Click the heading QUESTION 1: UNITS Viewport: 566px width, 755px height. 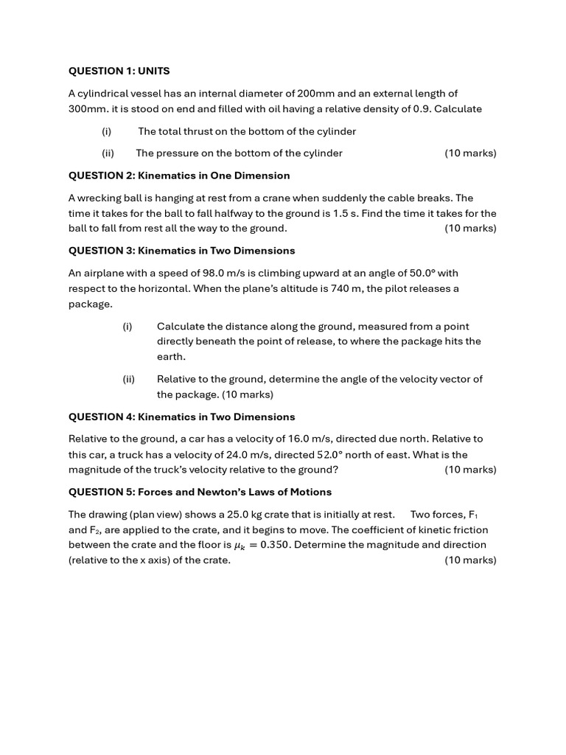(119, 71)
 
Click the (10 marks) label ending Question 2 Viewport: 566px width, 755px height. (470, 228)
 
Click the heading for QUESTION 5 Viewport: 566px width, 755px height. (200, 492)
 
